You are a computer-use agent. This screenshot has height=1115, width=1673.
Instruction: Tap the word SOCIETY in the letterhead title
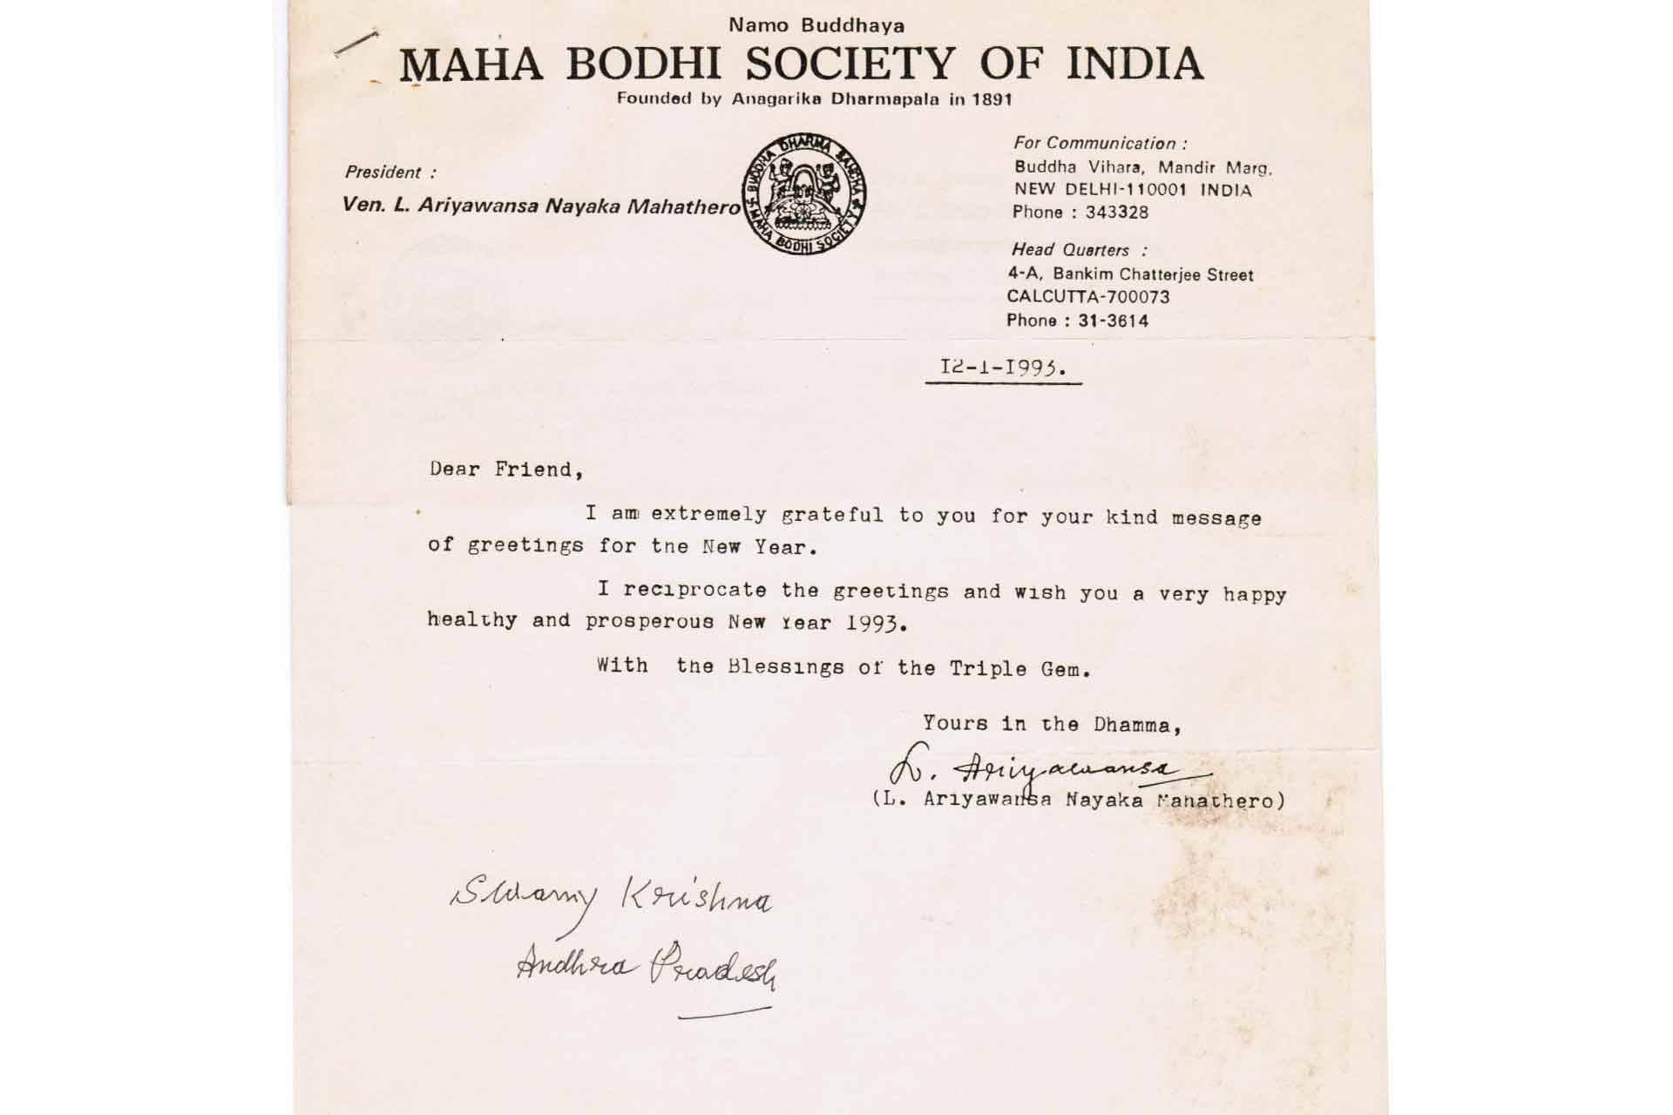click(x=851, y=64)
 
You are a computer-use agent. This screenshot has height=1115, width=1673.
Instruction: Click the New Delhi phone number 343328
click(x=1116, y=213)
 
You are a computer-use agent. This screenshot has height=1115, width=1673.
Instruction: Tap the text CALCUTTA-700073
click(x=1087, y=297)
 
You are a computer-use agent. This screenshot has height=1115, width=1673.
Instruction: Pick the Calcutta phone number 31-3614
click(x=1113, y=321)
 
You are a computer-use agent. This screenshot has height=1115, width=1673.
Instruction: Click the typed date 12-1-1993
click(x=1002, y=367)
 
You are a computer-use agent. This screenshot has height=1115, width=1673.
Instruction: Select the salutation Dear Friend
click(x=505, y=470)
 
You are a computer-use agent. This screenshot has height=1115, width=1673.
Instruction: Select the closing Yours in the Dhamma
click(x=1052, y=723)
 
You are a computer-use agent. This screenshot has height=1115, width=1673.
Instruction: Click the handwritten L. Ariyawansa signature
click(x=1046, y=769)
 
